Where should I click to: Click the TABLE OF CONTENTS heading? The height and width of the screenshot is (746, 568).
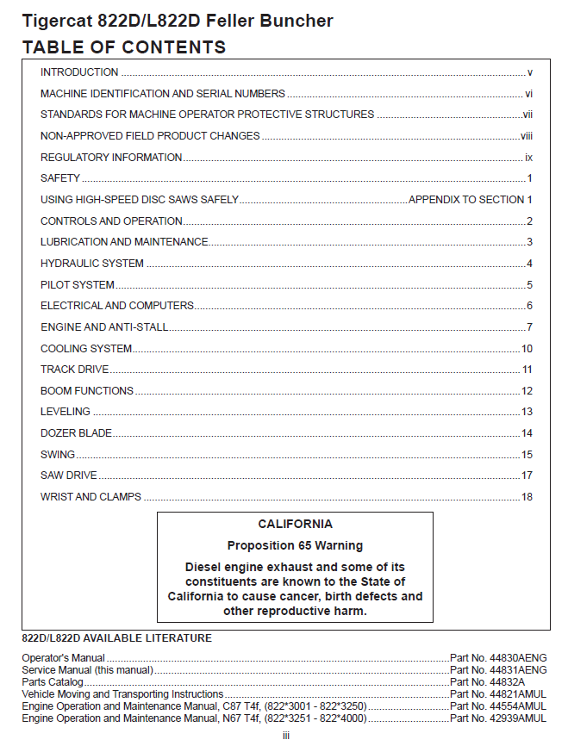tap(124, 47)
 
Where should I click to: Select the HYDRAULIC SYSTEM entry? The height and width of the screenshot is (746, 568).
tap(92, 263)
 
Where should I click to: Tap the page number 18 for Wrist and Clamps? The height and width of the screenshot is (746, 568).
tap(527, 496)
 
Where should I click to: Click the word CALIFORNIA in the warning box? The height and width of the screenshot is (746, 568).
tap(295, 524)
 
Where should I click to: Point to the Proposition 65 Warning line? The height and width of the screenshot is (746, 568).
tap(295, 545)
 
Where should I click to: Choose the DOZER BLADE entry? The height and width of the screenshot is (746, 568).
tap(76, 432)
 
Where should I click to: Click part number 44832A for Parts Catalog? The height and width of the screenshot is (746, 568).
tap(486, 681)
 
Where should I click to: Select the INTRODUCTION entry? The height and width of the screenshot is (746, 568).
tap(79, 72)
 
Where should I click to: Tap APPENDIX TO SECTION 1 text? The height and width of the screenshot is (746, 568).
tap(471, 200)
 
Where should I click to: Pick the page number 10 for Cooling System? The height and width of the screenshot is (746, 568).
tap(527, 348)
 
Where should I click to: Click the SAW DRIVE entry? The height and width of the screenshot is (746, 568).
tap(69, 475)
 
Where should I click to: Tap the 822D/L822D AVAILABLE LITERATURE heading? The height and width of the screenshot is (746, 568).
tap(116, 638)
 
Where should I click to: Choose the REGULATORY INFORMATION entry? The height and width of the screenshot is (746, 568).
tap(111, 158)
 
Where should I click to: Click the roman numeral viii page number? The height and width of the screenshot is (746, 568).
tap(527, 136)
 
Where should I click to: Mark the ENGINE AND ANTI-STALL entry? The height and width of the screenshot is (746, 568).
tap(104, 326)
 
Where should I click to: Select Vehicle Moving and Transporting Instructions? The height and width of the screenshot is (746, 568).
tap(122, 693)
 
